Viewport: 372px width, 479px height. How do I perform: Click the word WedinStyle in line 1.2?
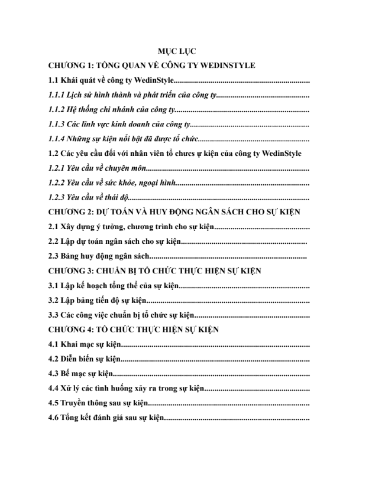[x=280, y=153]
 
